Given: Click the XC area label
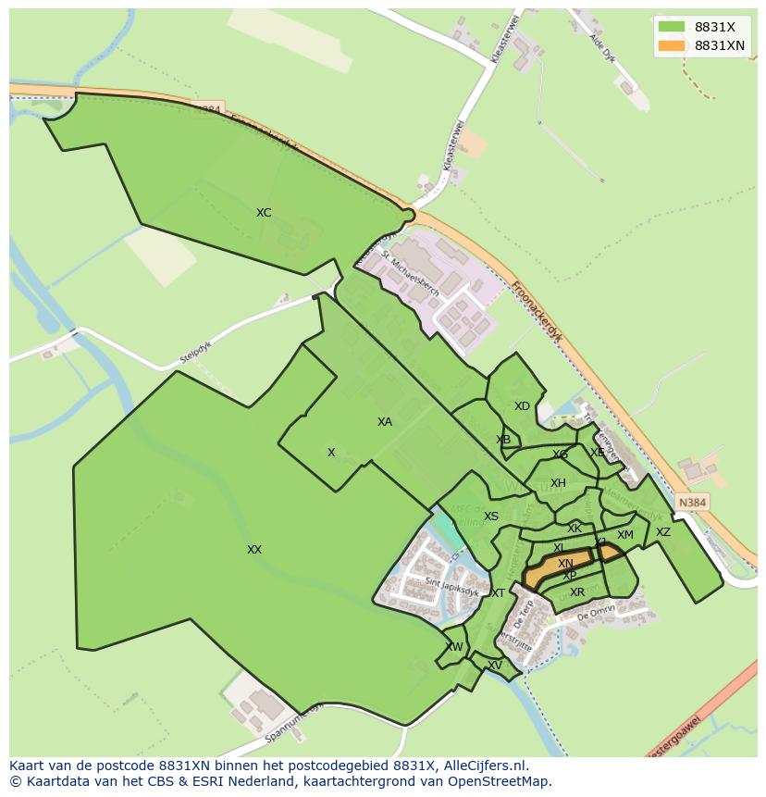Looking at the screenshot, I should click(264, 213).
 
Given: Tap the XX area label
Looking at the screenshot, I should click(254, 550).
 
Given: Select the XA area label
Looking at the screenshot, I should click(385, 422).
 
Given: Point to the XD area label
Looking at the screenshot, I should click(523, 406).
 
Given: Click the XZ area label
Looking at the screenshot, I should click(663, 532).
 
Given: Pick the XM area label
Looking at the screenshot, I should click(625, 535).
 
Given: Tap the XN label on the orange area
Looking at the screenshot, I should click(565, 564).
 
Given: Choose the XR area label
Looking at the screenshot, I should click(577, 592).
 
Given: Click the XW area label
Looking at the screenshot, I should click(454, 647).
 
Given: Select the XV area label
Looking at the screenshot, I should click(495, 666).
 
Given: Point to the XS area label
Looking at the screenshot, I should click(491, 517).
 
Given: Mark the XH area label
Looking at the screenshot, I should click(558, 483).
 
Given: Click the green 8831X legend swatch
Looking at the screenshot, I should click(671, 27).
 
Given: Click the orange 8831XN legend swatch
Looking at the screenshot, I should click(671, 45).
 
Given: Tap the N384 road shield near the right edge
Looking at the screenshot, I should click(692, 503).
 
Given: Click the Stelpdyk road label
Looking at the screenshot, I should click(197, 353).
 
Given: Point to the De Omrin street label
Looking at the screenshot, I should click(596, 614).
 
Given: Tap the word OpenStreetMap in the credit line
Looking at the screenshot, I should click(504, 781).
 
